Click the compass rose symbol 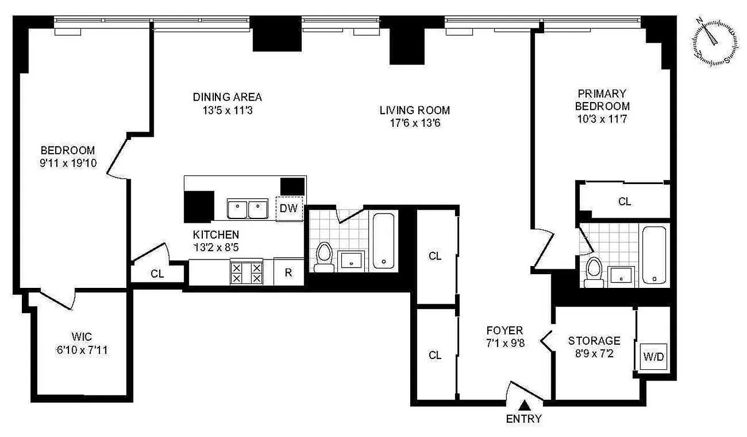click(714, 42)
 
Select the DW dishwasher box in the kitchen click(289, 208)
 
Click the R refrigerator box click(288, 272)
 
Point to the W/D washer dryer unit click(653, 357)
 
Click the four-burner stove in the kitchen click(246, 272)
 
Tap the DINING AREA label click(227, 97)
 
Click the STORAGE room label click(594, 340)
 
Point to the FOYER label click(505, 330)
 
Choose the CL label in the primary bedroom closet click(625, 201)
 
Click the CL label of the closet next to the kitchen click(157, 274)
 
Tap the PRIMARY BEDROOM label click(602, 100)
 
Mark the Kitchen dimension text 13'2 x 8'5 click(215, 247)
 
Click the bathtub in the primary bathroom click(654, 255)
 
